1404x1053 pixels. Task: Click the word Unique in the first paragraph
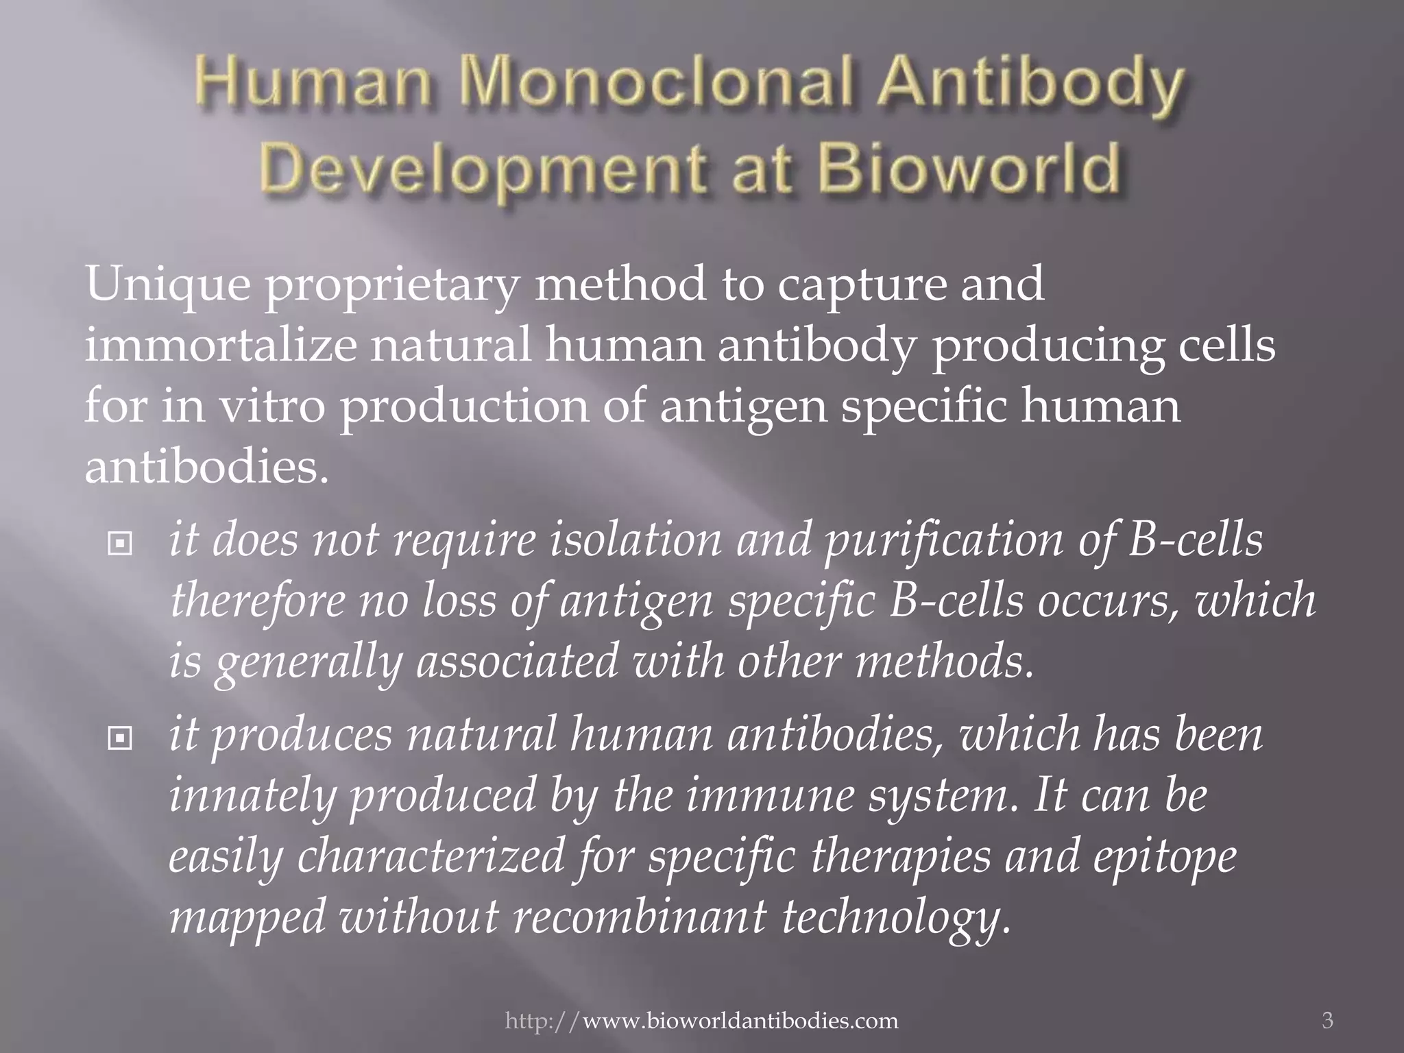[x=167, y=285]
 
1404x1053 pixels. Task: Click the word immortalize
[x=220, y=346]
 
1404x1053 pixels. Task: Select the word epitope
[x=1165, y=859]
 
